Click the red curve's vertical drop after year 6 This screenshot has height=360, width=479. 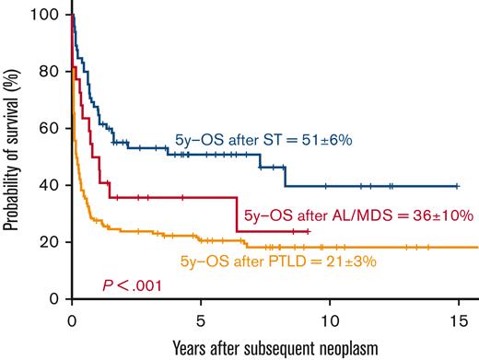tap(238, 214)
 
